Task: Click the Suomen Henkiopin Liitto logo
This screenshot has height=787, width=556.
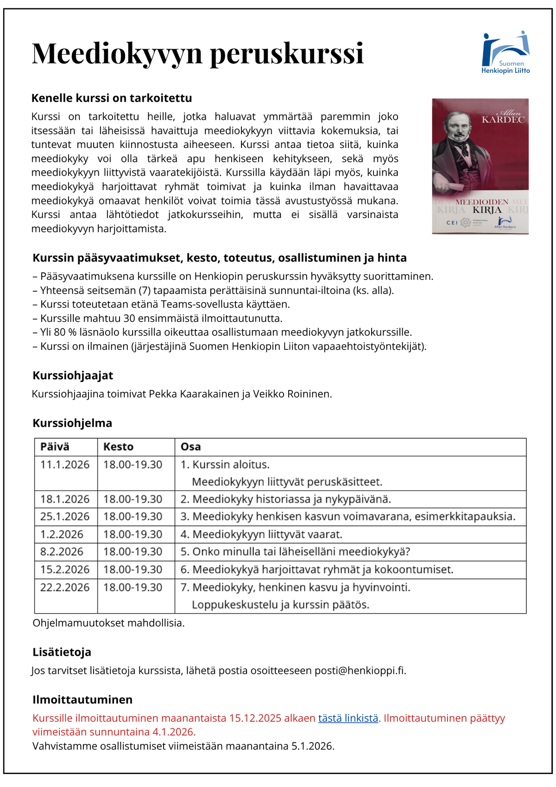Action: tap(505, 52)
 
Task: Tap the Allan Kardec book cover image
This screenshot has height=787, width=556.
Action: tap(480, 166)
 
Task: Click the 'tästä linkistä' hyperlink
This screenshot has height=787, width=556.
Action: tap(348, 718)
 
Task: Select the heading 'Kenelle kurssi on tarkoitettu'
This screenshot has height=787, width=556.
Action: tap(112, 98)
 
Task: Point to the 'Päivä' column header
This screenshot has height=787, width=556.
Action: tap(55, 447)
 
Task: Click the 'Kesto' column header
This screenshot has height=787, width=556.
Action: tap(118, 447)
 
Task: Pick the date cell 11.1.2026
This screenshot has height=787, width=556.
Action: tap(65, 465)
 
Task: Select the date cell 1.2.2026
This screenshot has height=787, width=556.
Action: tap(62, 534)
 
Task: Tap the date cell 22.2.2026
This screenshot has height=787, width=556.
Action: tap(65, 587)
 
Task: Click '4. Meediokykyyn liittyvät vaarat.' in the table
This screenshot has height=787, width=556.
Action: tap(261, 534)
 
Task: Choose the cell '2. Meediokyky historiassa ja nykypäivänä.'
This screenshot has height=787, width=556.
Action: tap(285, 499)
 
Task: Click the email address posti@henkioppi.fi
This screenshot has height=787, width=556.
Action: tap(360, 671)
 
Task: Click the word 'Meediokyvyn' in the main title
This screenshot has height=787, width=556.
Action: tap(117, 53)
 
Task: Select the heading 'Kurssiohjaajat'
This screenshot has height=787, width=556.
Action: tap(73, 375)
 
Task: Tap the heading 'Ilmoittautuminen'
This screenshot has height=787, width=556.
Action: tap(82, 699)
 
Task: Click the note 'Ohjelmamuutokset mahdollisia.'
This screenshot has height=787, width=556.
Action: tap(108, 623)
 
